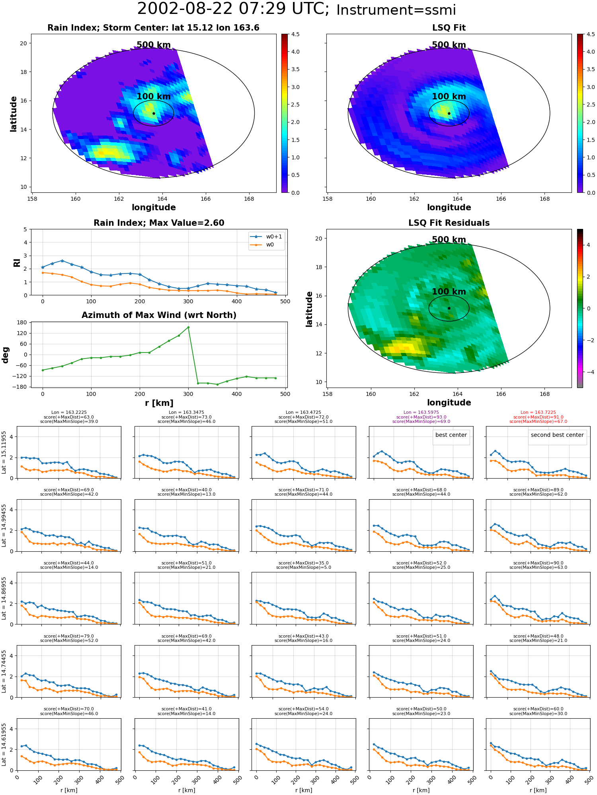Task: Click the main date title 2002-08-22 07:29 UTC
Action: [x=233, y=9]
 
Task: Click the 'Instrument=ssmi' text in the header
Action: [x=396, y=10]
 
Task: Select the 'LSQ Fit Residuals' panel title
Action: [x=449, y=223]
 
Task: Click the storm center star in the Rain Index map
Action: [x=154, y=113]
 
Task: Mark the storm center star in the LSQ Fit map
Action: [x=449, y=113]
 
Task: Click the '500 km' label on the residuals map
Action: [x=449, y=240]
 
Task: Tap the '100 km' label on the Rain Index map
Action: [x=154, y=97]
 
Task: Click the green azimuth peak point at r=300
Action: [x=188, y=327]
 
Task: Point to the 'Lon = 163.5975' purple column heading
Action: [x=421, y=413]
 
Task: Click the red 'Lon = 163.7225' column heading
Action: [x=538, y=413]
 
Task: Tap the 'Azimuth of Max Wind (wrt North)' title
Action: [x=159, y=315]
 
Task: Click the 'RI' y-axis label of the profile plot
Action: [x=17, y=262]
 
